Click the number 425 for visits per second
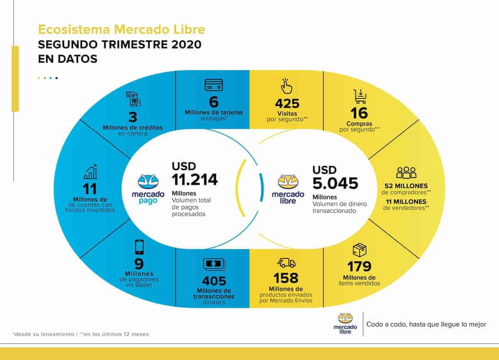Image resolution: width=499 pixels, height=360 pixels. [x=287, y=104]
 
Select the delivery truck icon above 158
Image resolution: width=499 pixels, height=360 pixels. [x=286, y=263]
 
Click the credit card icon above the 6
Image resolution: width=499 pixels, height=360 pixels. [x=214, y=85]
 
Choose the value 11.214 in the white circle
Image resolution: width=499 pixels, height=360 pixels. [x=195, y=179]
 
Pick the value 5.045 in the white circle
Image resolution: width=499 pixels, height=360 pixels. [x=335, y=183]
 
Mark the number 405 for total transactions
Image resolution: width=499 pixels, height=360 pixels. [x=214, y=281]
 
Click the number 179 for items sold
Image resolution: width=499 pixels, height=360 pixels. [x=359, y=266]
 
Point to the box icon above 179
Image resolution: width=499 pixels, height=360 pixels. [x=359, y=250]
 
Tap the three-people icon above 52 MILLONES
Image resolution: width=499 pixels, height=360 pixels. [x=406, y=172]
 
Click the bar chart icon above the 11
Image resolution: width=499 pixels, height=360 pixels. [x=90, y=171]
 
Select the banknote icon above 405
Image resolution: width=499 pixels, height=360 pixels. [x=214, y=264]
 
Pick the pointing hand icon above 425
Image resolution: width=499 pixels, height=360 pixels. [x=286, y=86]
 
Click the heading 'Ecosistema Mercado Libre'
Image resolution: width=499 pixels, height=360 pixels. [x=121, y=30]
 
